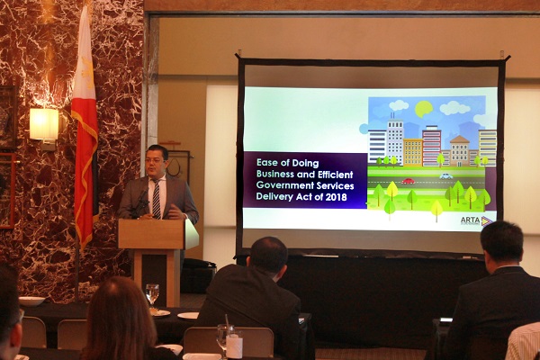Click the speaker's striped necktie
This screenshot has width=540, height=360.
[157, 199]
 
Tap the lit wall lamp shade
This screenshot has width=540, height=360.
[44, 124]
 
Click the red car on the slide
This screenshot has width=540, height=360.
[409, 181]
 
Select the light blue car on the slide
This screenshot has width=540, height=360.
[446, 175]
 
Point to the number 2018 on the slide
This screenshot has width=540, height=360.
[337, 197]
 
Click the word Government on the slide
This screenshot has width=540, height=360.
[280, 185]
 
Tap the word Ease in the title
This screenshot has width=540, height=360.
[267, 162]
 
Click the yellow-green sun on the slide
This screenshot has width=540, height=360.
[424, 109]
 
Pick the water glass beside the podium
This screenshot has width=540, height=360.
[152, 294]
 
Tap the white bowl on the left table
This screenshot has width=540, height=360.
[31, 301]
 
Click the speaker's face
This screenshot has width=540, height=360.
[155, 163]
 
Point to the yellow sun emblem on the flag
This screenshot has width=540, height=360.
[88, 74]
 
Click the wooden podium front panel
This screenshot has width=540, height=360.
[151, 234]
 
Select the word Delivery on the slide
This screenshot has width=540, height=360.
[271, 197]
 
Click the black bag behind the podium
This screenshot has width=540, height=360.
[198, 274]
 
